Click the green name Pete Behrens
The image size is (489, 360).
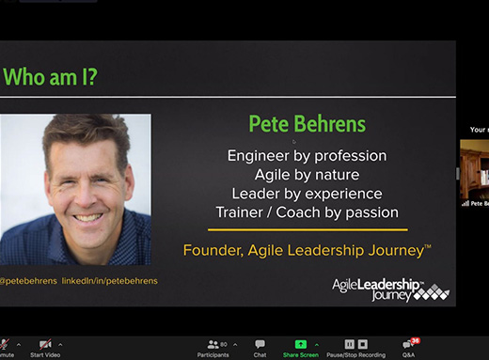307,123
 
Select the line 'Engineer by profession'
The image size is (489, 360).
307,155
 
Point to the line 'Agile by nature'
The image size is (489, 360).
307,174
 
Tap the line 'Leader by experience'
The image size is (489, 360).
307,193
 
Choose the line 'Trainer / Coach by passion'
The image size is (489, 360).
307,212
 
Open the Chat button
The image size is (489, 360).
260,347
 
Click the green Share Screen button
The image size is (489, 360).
301,347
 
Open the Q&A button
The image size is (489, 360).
408,347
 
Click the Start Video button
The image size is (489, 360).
45,347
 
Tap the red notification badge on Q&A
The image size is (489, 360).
415,340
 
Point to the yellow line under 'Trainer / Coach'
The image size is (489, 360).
307,229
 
